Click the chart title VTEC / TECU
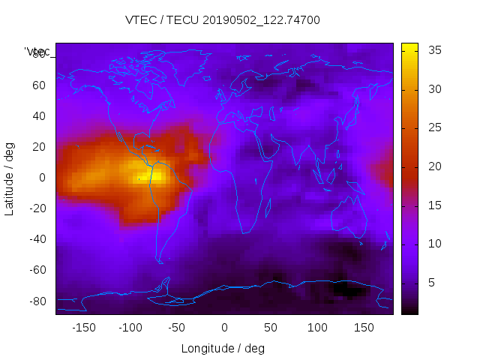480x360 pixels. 223,20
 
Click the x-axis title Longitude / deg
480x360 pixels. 223,348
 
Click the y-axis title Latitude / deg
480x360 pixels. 10,178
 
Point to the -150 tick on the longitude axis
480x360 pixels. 84,327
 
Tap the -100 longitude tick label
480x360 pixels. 130,327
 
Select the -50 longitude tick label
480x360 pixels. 178,327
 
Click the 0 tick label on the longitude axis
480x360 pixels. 224,327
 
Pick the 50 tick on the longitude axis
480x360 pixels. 271,327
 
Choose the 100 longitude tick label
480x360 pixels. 317,327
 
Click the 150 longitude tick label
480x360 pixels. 364,327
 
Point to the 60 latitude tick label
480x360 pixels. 38,85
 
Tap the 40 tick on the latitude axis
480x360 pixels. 38,116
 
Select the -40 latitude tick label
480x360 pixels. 36,239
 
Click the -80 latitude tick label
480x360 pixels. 36,301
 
